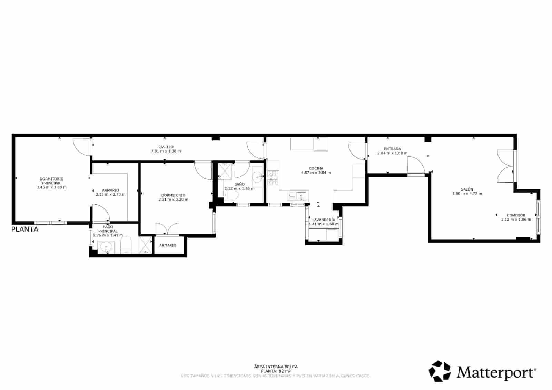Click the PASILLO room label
(x=166, y=147)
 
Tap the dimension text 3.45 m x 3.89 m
(x=52, y=187)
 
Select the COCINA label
(x=316, y=168)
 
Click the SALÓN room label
(x=467, y=189)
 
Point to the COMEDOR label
(x=516, y=215)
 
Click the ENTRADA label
(x=392, y=149)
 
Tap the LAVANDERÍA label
(x=324, y=220)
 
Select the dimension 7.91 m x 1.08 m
(x=166, y=151)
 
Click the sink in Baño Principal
(x=106, y=247)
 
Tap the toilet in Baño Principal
(x=126, y=245)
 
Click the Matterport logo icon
(x=440, y=371)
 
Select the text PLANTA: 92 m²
(x=276, y=371)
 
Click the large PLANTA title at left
(x=25, y=230)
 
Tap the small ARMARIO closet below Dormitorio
(x=168, y=245)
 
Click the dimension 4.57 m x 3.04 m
(x=316, y=173)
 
